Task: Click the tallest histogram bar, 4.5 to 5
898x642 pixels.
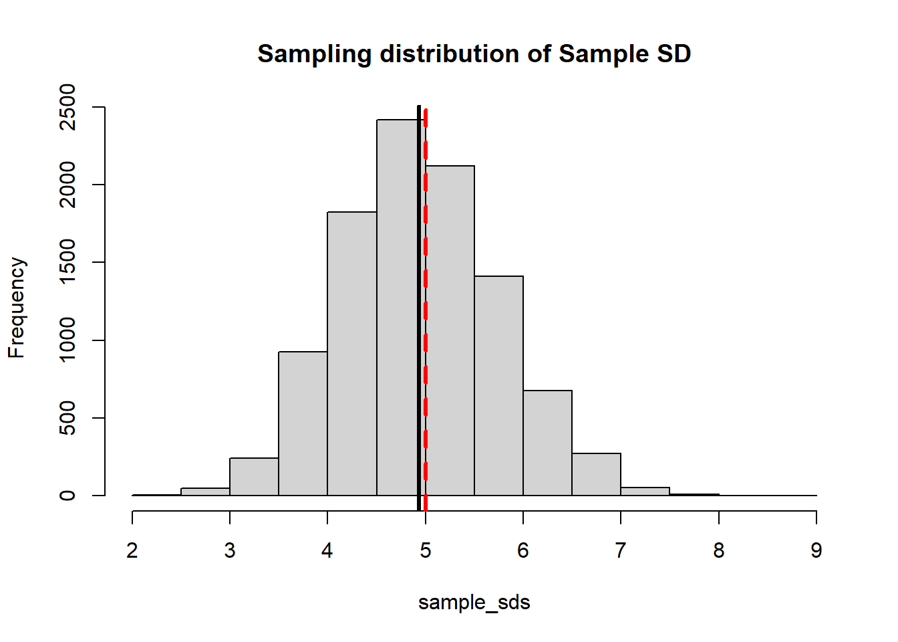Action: [397, 308]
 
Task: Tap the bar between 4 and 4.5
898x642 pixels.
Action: [352, 354]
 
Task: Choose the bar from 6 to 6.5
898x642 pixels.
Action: [547, 443]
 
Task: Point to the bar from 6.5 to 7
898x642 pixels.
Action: [596, 474]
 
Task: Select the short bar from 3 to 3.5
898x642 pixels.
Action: [254, 477]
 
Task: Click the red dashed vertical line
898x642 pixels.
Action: [426, 267]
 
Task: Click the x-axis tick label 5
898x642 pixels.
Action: [425, 550]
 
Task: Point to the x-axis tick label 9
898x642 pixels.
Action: [816, 550]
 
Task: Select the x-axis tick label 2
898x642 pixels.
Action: [132, 550]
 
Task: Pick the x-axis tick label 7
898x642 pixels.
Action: [621, 550]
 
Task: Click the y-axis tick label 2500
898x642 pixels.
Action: [67, 107]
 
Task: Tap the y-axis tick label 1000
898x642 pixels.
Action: [67, 340]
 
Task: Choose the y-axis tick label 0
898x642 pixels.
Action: [67, 496]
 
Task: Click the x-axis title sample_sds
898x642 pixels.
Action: [474, 603]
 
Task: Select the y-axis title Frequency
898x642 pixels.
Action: [17, 308]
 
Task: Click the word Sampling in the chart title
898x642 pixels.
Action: [314, 54]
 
